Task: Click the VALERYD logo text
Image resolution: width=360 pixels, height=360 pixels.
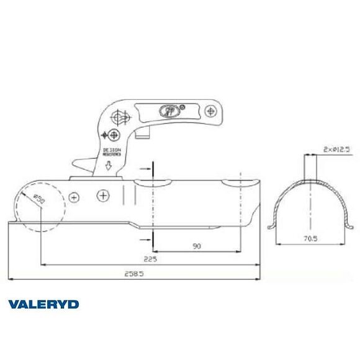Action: [x=43, y=304]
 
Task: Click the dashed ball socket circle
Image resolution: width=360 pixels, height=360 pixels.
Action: [x=41, y=208]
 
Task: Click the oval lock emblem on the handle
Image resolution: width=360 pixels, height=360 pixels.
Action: [x=168, y=110]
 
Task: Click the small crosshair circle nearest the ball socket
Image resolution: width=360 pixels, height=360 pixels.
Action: [x=74, y=197]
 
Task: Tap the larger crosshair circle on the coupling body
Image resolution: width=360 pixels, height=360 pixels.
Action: [x=103, y=196]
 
